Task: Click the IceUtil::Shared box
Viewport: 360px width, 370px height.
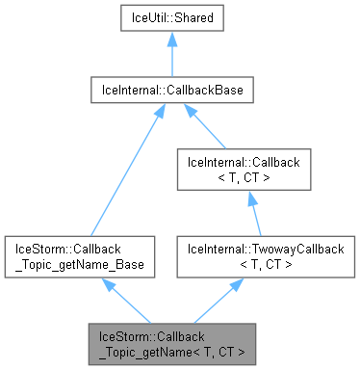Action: [171, 17]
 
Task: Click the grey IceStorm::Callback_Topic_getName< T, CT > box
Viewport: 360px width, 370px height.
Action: [171, 343]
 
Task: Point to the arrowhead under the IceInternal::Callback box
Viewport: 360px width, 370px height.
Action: [250, 198]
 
